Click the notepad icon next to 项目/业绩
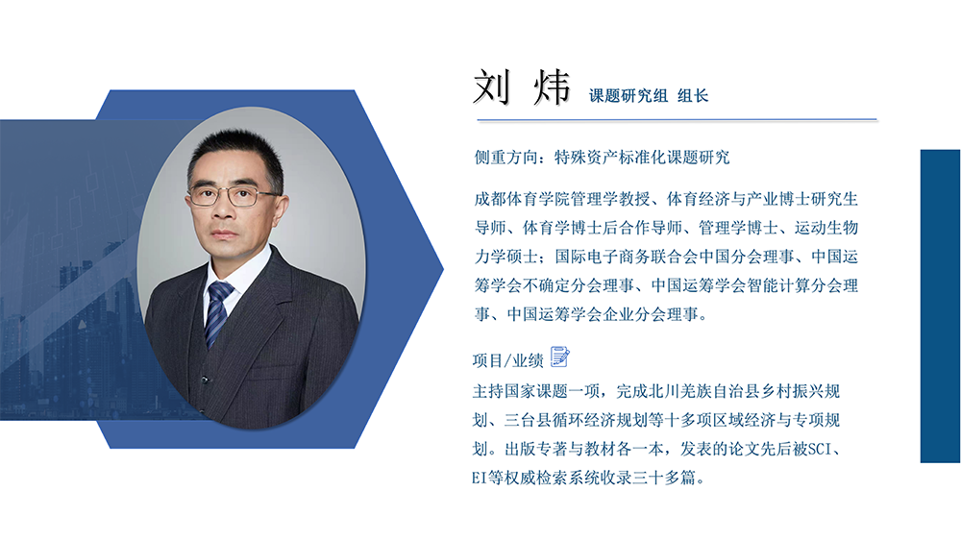tap(559, 357)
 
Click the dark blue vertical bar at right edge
tap(940, 306)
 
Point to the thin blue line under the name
tap(677, 120)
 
